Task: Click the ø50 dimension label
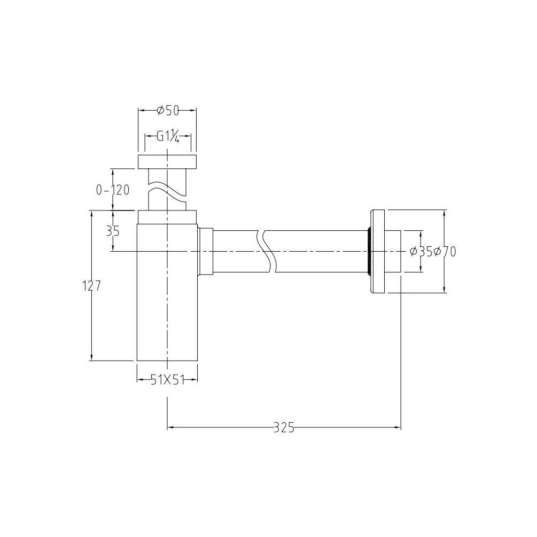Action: click(x=167, y=111)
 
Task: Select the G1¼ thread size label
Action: click(x=167, y=137)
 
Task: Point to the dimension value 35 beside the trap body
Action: click(x=113, y=231)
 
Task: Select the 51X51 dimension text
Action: click(x=167, y=379)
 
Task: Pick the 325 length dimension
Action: click(x=284, y=427)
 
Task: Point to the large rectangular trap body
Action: click(x=167, y=299)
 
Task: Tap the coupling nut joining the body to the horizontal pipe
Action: click(x=206, y=251)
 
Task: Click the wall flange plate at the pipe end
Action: click(x=378, y=252)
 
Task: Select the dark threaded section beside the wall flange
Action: click(x=369, y=252)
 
